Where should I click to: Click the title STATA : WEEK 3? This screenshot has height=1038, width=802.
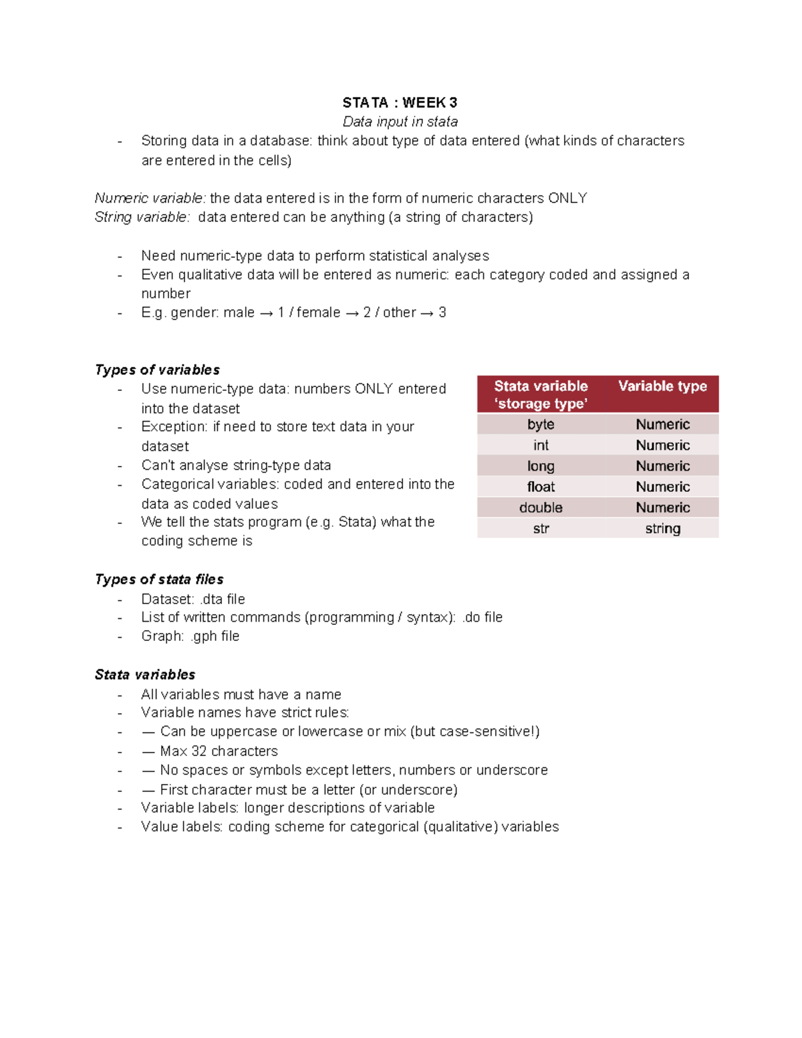coord(400,102)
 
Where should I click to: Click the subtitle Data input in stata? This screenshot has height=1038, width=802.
coord(400,122)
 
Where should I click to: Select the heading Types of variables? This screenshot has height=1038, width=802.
coord(157,370)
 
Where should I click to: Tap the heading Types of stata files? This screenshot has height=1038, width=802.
coord(159,579)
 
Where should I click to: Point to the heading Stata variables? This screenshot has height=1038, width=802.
coord(145,674)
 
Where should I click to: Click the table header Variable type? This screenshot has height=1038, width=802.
coord(662,386)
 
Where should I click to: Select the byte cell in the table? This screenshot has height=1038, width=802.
coord(540,424)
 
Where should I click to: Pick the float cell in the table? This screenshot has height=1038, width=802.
coord(540,487)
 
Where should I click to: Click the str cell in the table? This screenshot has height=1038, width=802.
coord(541,529)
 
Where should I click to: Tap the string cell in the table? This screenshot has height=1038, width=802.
coord(662,529)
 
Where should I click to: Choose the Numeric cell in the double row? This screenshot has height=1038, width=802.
coord(662,508)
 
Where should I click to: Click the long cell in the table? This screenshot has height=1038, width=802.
coord(540,466)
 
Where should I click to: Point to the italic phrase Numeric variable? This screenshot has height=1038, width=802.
coord(150,199)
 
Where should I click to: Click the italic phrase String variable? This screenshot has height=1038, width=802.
coord(142,217)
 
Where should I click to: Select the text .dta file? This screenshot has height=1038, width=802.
coord(223,599)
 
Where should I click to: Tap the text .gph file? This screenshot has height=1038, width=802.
coord(215,636)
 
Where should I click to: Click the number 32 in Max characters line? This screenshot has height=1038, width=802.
coord(199,751)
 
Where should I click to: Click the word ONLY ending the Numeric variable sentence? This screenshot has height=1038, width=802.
coord(567,199)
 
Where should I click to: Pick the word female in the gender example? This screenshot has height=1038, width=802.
coord(318,313)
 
